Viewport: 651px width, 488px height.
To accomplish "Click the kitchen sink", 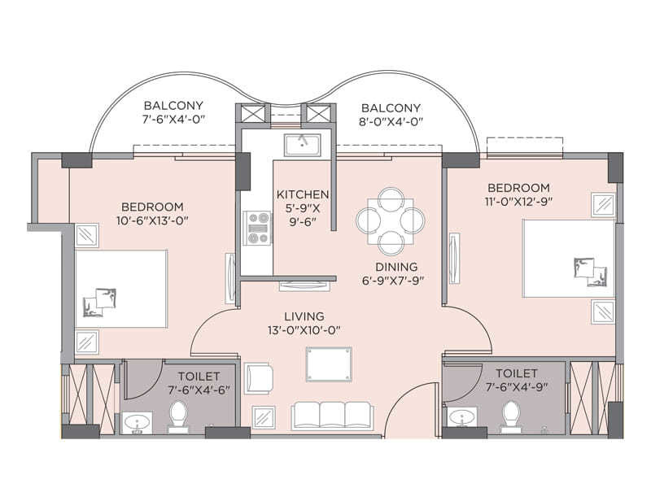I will [302, 145].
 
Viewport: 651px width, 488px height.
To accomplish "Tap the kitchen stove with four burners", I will [259, 228].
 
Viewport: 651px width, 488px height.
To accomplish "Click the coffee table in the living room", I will [329, 364].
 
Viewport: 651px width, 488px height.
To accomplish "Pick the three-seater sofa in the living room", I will [333, 415].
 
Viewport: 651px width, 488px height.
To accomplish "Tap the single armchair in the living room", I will [259, 377].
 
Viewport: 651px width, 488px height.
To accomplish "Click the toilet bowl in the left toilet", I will [178, 416].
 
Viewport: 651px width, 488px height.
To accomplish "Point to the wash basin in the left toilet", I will [136, 423].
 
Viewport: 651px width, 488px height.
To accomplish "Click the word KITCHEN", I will [303, 194].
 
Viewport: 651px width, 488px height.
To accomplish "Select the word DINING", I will [397, 266].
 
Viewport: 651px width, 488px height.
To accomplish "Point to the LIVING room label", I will [304, 316].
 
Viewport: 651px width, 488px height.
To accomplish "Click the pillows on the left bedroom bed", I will [99, 302].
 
